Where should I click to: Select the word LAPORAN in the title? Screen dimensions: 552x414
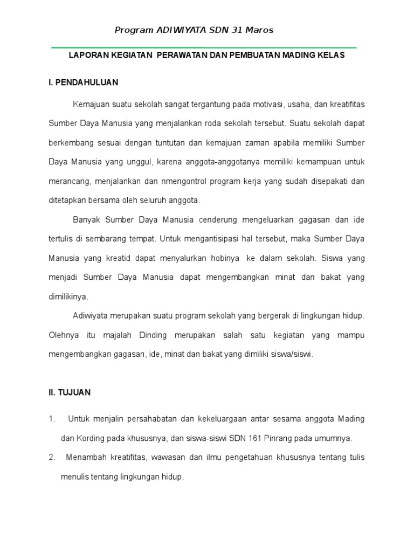click(87, 56)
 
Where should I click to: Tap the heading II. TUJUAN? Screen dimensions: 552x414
click(70, 393)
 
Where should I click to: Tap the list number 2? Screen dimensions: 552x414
click(52, 458)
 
